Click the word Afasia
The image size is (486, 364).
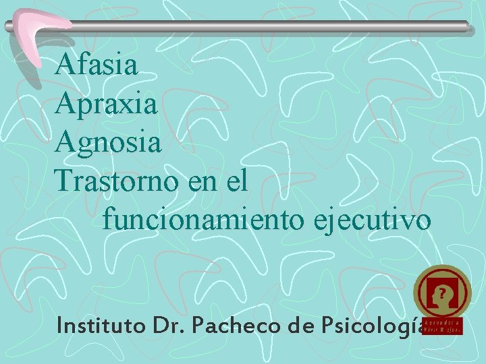98,65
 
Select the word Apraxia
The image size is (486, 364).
108,104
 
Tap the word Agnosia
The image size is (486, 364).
109,143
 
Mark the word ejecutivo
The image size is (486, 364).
367,220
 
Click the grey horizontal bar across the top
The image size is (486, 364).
270,26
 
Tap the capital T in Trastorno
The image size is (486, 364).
65,180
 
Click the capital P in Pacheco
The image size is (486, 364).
200,326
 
